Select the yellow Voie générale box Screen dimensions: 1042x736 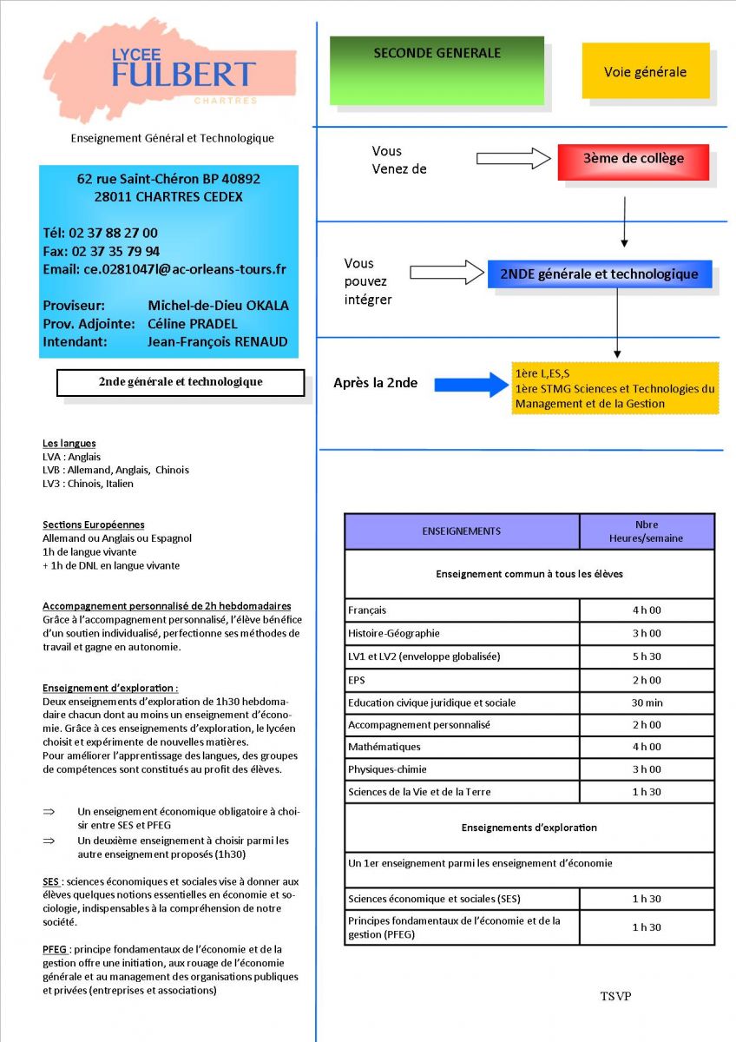(x=645, y=71)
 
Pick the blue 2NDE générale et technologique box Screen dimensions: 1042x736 (x=599, y=274)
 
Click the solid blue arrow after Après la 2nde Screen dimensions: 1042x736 (x=471, y=383)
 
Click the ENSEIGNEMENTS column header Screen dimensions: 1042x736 (x=461, y=531)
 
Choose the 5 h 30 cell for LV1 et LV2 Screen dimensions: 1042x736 (x=647, y=656)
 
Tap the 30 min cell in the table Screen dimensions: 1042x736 (x=647, y=702)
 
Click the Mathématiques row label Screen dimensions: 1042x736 (x=384, y=747)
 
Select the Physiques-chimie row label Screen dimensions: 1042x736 (x=387, y=769)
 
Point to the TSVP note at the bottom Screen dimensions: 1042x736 (x=615, y=996)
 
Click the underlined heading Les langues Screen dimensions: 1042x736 (x=69, y=443)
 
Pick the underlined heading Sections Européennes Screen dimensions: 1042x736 (x=93, y=524)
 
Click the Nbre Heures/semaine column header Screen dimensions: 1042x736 (x=647, y=531)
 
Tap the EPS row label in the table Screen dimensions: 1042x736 (x=357, y=680)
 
